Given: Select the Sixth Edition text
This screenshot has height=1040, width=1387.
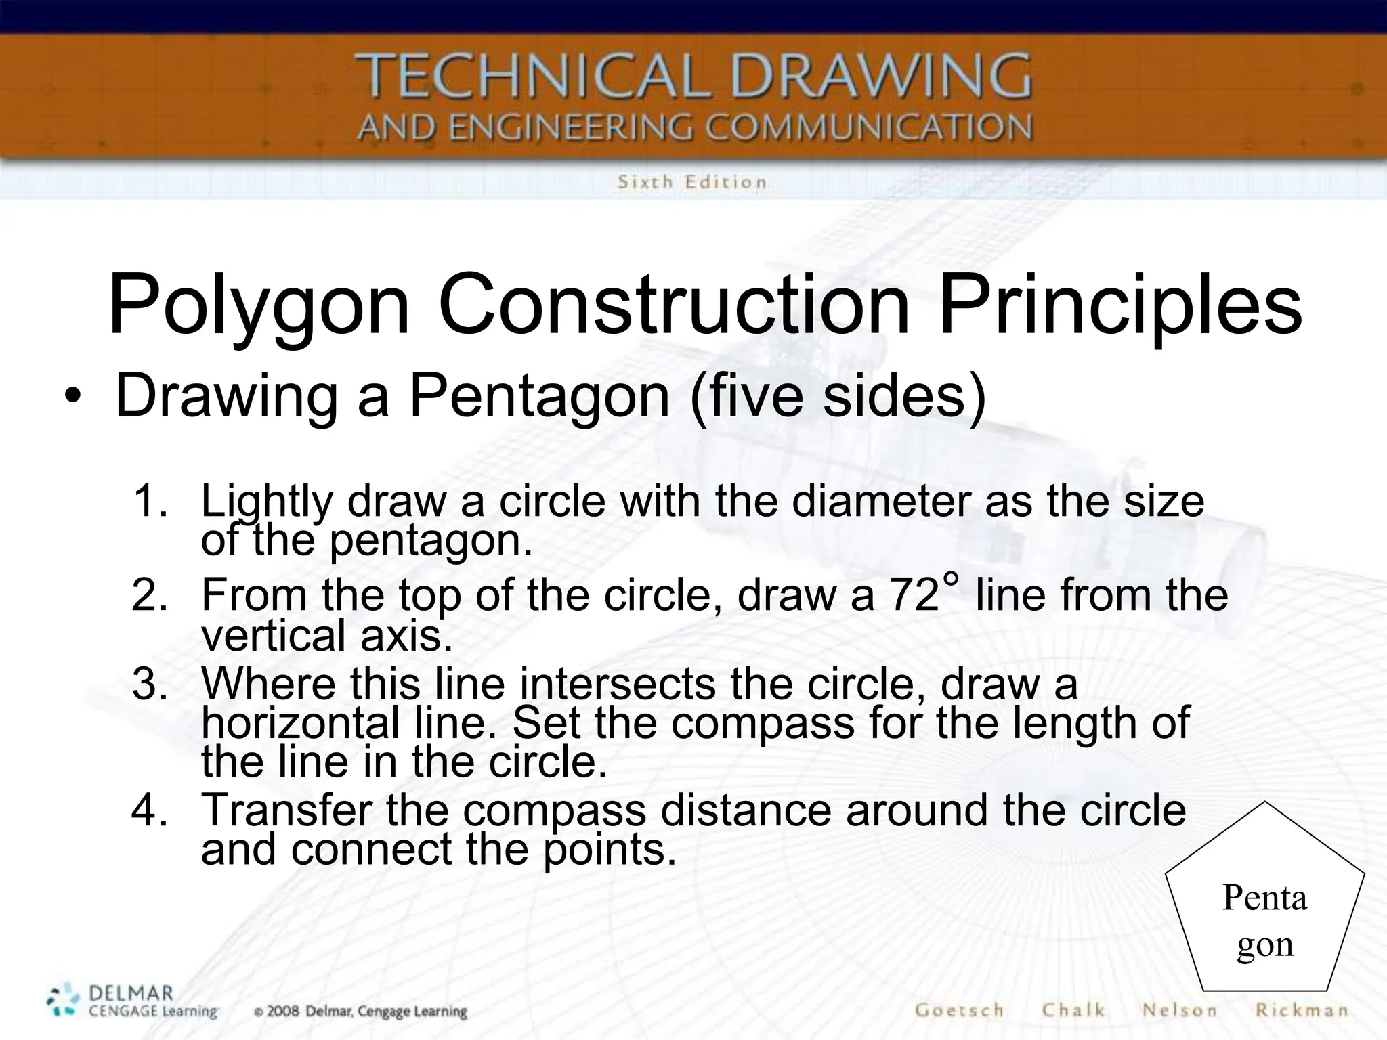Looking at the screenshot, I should pos(691,181).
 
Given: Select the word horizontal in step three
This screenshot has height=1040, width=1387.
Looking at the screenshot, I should pos(300,723).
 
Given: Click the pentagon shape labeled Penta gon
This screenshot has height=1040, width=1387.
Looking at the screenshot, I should pos(1264,901).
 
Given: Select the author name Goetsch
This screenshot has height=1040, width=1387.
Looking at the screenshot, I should pos(959,1010).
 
